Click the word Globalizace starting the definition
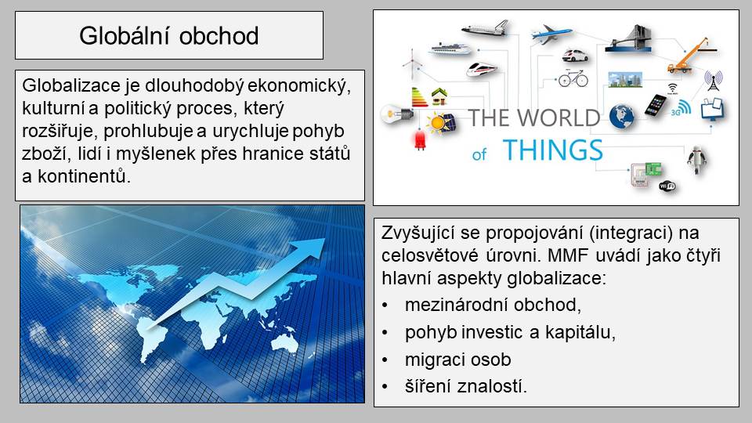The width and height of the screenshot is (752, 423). [70, 85]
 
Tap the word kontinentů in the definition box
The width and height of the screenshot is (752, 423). [84, 176]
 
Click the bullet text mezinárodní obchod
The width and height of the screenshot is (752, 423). [493, 305]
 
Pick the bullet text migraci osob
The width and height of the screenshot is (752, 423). [458, 360]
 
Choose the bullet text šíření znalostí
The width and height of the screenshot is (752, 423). [465, 386]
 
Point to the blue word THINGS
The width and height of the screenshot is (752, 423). [553, 150]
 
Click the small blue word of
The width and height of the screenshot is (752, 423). [479, 154]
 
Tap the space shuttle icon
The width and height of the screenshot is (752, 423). [486, 28]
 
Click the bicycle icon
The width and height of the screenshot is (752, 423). [573, 78]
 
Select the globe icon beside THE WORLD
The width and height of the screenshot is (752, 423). [621, 117]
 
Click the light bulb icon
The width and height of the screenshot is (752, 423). [396, 114]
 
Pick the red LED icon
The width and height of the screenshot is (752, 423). [420, 140]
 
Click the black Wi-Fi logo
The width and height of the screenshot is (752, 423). [667, 186]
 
